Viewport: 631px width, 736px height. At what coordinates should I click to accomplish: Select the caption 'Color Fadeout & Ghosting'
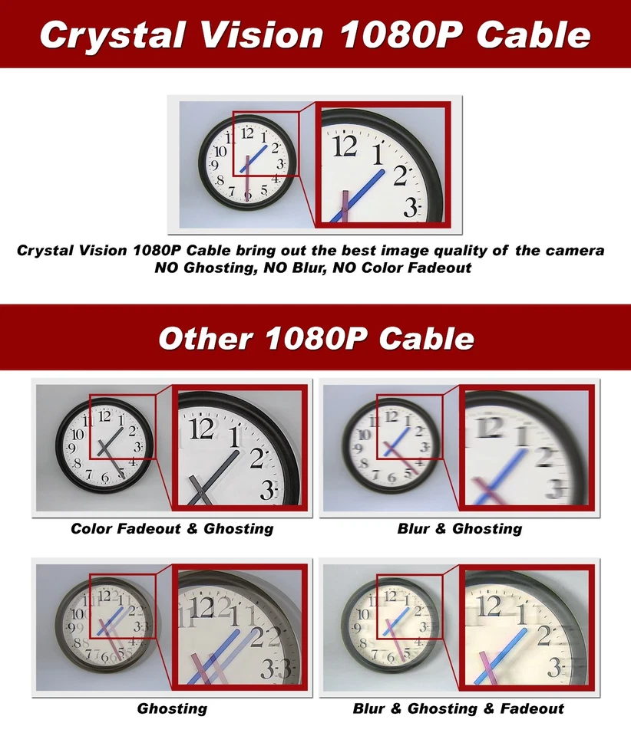172,528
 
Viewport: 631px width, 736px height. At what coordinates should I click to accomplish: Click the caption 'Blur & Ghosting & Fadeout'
458,708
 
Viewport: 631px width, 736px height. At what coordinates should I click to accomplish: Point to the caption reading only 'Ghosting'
172,708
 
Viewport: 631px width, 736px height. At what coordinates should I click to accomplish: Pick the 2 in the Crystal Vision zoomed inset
400,176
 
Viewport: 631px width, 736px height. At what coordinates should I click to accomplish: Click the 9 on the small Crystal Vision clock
213,165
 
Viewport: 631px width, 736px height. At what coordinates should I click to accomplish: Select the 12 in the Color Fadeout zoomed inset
201,428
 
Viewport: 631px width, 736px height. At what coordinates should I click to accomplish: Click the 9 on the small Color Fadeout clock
71,448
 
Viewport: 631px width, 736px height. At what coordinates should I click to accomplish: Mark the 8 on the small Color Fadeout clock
78,464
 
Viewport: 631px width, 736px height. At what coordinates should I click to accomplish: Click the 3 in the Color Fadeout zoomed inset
267,490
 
